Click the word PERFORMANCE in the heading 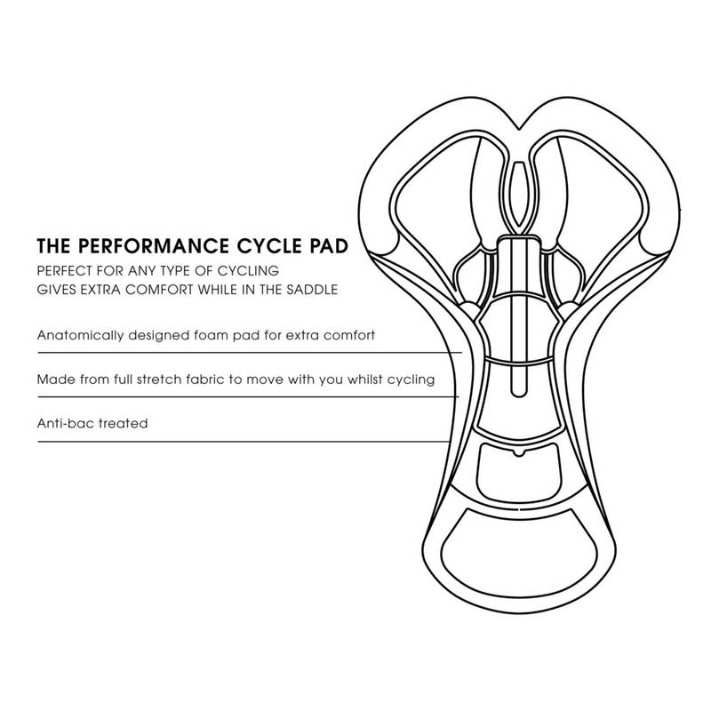tap(154, 246)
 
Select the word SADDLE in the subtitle tap(312, 290)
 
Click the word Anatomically tap(80, 336)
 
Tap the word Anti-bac tap(66, 424)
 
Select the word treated tap(124, 424)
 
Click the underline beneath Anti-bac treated tap(244, 441)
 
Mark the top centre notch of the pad tap(518, 128)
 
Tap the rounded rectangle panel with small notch tap(518, 472)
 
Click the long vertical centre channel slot tap(518, 316)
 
